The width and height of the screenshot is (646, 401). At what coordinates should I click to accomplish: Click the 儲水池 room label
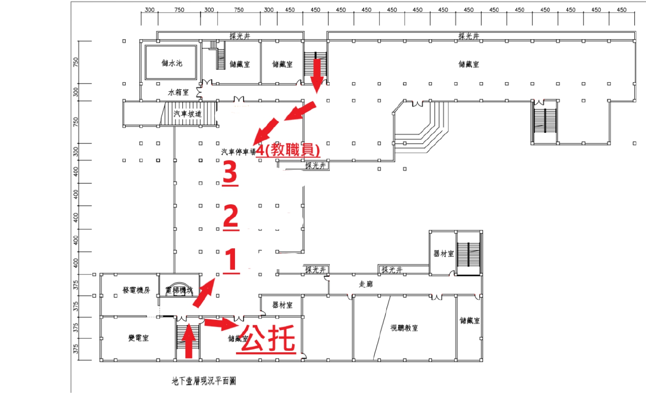coord(172,63)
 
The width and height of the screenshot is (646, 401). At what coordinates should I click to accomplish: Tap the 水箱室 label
coord(178,92)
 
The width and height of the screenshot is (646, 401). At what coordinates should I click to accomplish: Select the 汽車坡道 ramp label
coord(188,114)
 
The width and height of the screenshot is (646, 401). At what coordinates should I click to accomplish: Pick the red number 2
coord(230,216)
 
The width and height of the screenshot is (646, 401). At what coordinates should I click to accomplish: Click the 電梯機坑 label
coord(178,290)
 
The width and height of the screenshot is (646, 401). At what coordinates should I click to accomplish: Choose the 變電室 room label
coord(138,338)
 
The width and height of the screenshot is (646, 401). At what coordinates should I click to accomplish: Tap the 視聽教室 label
coord(404,328)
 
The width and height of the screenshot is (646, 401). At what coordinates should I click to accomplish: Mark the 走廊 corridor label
coord(366,285)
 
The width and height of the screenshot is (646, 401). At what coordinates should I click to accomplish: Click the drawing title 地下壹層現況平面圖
coord(204,381)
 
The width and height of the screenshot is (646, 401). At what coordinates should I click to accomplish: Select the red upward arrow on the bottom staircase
coord(188,341)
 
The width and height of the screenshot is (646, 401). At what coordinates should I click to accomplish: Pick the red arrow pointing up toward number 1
coord(205,293)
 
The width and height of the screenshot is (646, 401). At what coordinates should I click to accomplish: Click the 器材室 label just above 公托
coord(282,305)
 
